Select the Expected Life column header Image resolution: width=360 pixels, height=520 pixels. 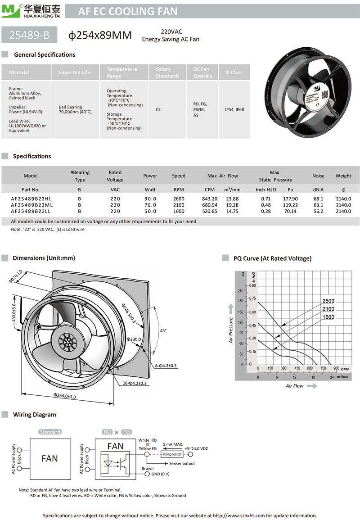tap(74, 72)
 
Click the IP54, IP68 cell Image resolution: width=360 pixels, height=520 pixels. tap(234, 109)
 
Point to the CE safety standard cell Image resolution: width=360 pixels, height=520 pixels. tap(158, 109)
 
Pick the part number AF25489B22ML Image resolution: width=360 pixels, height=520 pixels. tap(31, 205)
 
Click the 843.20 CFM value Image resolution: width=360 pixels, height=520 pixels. tap(210, 199)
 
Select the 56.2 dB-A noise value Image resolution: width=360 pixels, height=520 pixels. tap(318, 211)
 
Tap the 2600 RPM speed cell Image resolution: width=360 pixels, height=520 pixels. tap(178, 199)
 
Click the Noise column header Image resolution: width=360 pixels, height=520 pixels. tap(318, 176)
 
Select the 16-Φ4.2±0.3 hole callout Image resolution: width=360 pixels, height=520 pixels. tap(135, 383)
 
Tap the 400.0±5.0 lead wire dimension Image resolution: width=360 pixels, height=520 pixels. tap(13, 310)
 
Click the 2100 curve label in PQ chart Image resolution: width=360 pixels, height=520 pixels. tap(328, 309)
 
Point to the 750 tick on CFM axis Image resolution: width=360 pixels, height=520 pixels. tap(323, 368)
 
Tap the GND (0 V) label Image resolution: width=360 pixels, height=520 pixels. tap(160, 474)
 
